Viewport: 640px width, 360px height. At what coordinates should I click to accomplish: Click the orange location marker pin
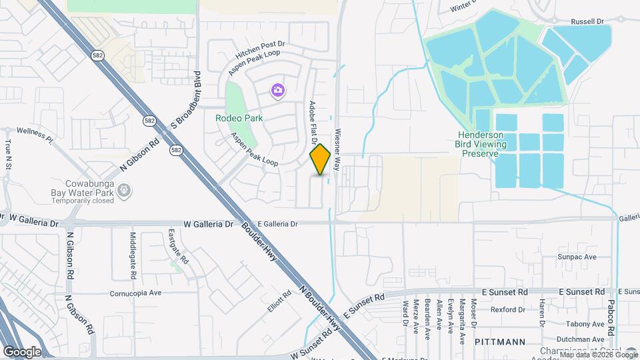(321, 159)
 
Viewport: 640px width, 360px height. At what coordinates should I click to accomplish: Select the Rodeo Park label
(239, 118)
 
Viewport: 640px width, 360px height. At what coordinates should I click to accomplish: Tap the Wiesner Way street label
(338, 149)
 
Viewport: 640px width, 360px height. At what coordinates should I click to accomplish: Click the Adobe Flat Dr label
(312, 123)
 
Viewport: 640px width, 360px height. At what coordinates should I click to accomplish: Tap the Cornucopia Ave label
(137, 293)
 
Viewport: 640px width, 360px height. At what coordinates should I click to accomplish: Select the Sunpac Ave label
(577, 257)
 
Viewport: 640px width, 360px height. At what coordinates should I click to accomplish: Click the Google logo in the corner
(21, 351)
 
